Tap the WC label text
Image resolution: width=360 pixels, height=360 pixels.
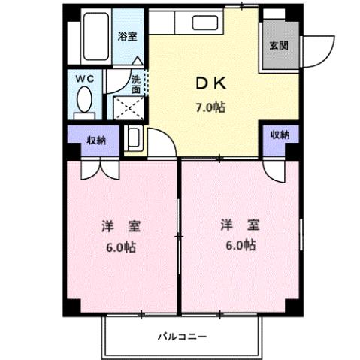click(83, 77)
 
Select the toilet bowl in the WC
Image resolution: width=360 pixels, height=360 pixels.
click(84, 100)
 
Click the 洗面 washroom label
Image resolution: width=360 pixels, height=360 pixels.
click(136, 83)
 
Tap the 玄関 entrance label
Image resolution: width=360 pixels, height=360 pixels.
click(278, 44)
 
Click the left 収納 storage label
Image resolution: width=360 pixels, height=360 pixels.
click(95, 139)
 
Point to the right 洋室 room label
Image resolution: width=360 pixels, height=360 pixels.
click(237, 225)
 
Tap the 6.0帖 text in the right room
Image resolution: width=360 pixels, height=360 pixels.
click(238, 246)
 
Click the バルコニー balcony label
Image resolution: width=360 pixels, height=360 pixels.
click(182, 336)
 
